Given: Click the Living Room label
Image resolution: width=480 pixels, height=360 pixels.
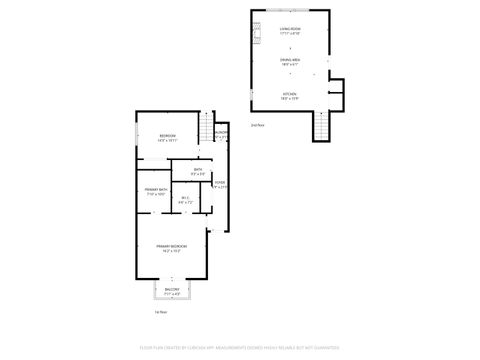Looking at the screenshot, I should pyautogui.click(x=289, y=30).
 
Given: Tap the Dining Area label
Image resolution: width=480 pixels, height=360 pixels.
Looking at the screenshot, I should pyautogui.click(x=289, y=61).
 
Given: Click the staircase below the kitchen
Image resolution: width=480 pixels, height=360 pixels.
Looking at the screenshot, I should pyautogui.click(x=321, y=126).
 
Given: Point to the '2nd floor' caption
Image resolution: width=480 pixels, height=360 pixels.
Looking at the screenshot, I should pyautogui.click(x=257, y=125).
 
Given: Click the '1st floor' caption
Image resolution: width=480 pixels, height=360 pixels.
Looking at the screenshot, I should pyautogui.click(x=159, y=311).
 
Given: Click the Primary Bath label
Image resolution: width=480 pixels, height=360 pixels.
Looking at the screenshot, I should pyautogui.click(x=154, y=189).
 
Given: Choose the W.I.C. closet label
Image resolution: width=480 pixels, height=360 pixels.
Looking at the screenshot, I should pyautogui.click(x=185, y=199).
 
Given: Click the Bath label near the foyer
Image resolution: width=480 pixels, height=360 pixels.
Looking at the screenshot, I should pyautogui.click(x=198, y=169).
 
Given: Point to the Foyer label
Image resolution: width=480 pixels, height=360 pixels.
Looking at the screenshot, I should pyautogui.click(x=219, y=183).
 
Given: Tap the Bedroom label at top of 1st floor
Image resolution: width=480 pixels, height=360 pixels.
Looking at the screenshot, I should pyautogui.click(x=167, y=136).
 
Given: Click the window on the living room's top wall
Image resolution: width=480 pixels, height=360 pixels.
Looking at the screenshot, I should pyautogui.click(x=289, y=11).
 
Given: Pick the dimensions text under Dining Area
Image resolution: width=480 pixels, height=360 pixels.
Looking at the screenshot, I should pyautogui.click(x=289, y=66).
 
